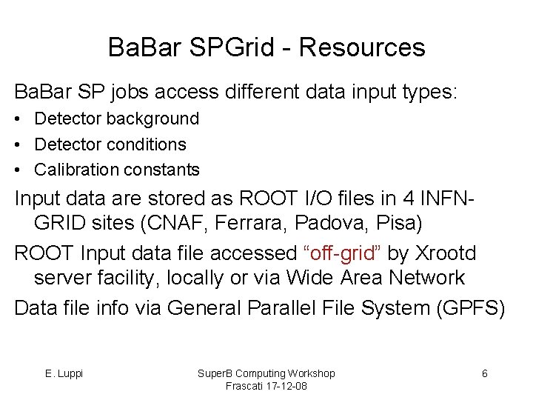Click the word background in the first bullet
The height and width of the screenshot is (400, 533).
157,119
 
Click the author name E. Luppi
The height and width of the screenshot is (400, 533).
64,373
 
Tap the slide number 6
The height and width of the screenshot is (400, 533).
484,373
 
